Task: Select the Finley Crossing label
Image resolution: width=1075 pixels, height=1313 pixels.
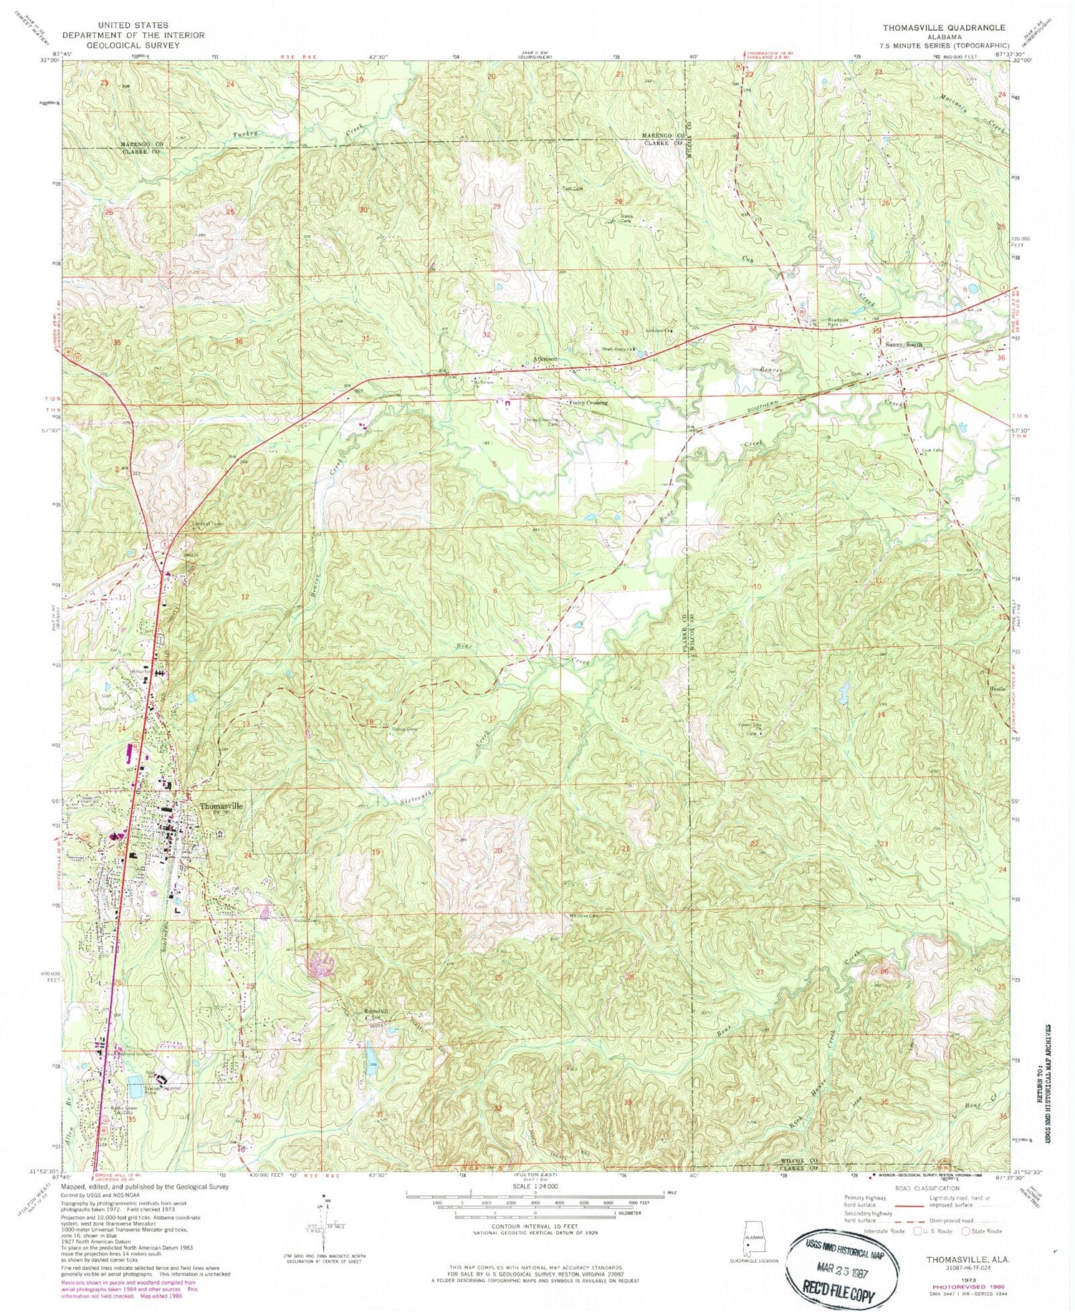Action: click(x=588, y=403)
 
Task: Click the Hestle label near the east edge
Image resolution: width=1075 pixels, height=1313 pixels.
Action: click(x=997, y=688)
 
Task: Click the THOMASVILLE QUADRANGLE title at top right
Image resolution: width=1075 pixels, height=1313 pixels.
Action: click(x=943, y=28)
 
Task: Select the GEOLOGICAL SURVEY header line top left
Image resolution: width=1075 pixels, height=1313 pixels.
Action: click(x=133, y=44)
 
